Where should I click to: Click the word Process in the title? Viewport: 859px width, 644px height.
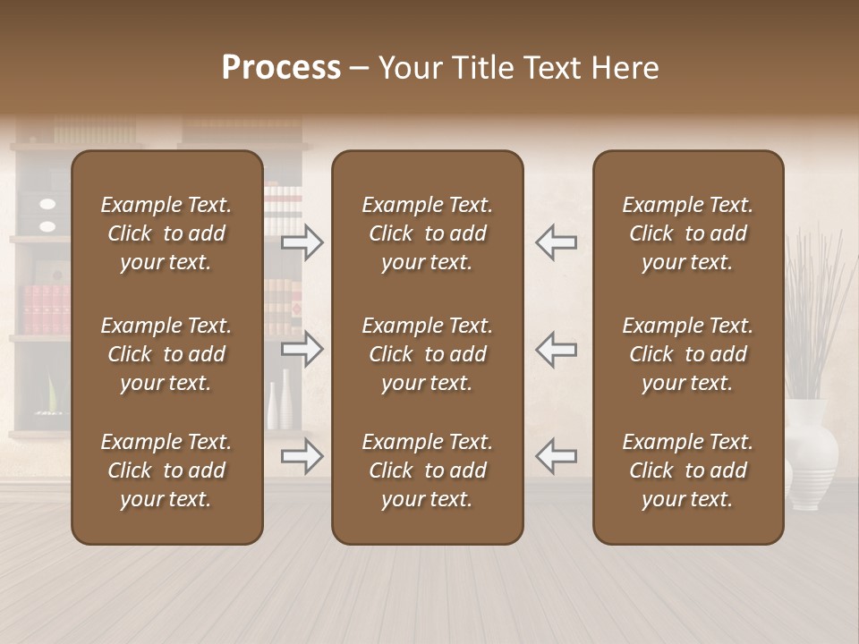pos(281,68)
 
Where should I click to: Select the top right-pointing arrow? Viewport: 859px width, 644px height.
pos(302,242)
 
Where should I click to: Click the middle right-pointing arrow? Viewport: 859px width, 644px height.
pos(302,349)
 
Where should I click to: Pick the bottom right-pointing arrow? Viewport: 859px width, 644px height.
pos(302,456)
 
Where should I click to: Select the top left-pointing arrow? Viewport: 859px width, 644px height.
pos(556,242)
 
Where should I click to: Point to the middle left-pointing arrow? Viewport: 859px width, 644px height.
pos(556,349)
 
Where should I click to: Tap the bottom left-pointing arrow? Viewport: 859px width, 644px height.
pos(556,456)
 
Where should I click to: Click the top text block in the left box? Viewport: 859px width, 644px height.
pos(166,233)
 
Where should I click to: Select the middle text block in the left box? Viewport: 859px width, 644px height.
pos(166,354)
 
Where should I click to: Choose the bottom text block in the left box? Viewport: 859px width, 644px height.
pos(166,470)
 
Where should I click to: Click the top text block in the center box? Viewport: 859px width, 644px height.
pos(428,233)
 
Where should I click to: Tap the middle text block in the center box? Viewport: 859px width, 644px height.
pos(428,354)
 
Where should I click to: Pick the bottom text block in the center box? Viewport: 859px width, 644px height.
pos(428,470)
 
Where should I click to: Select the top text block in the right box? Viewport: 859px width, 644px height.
pos(688,233)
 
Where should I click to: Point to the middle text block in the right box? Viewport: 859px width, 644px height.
pos(688,354)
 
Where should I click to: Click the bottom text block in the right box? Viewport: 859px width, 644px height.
pos(688,470)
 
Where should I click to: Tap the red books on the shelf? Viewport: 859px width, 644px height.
pos(45,309)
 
